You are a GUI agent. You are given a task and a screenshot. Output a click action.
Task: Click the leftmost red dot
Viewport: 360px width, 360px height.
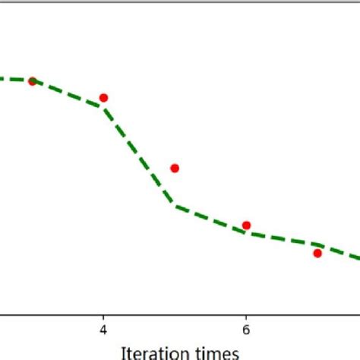(x=32, y=81)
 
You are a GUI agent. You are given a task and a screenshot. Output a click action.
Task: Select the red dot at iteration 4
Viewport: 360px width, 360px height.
(x=103, y=97)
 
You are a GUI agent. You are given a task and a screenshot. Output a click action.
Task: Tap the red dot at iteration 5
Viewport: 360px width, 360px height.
(x=175, y=168)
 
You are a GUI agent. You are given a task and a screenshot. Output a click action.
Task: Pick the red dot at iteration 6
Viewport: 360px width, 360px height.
(x=246, y=225)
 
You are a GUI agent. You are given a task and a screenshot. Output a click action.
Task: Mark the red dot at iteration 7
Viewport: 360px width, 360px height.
(x=317, y=253)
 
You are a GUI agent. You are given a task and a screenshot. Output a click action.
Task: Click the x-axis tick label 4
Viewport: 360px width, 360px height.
(x=103, y=330)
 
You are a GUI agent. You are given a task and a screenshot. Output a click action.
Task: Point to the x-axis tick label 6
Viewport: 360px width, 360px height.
(x=246, y=330)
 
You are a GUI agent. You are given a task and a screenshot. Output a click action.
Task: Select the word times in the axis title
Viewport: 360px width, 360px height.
(x=221, y=352)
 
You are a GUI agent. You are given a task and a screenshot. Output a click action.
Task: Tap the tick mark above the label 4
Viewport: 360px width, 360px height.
(x=103, y=317)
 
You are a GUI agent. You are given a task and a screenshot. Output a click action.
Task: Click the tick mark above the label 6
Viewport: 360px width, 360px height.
(x=246, y=317)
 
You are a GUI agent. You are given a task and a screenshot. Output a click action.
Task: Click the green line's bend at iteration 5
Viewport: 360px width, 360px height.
(x=175, y=205)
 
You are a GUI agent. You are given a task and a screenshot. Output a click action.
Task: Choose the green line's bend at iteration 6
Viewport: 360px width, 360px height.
(x=246, y=233)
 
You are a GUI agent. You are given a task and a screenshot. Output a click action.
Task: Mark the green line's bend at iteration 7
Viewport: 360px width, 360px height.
(x=317, y=245)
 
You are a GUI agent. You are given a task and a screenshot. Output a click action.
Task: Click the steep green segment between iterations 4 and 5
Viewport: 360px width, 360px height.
(x=139, y=156)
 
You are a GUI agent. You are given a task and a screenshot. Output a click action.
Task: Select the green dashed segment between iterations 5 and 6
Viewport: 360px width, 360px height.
(x=210, y=219)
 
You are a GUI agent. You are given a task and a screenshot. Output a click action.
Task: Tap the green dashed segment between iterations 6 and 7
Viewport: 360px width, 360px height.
(x=282, y=239)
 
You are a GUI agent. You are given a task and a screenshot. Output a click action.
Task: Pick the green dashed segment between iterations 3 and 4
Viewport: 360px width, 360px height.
(x=68, y=93)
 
